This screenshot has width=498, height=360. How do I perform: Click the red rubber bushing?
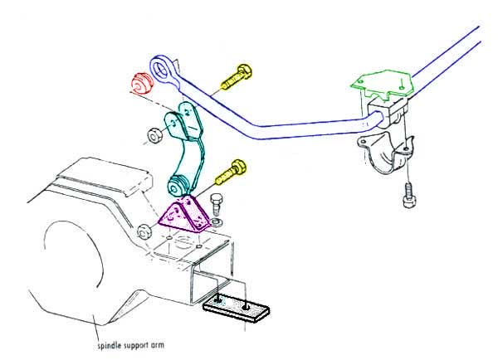(x=142, y=84)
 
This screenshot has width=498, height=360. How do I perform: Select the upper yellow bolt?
(x=237, y=76)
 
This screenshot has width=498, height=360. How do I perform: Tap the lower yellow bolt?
(x=231, y=173)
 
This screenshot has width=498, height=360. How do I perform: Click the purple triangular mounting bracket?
(x=184, y=214)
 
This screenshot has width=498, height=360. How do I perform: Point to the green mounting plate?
(x=383, y=84)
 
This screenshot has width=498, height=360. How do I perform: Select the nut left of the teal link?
(x=154, y=136)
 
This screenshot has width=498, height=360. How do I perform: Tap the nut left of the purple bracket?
(x=144, y=231)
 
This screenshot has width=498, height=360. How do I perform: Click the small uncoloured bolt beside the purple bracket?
(x=216, y=204)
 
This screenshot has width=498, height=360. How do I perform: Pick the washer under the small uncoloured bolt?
(x=217, y=221)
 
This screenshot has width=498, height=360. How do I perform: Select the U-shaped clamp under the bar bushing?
(x=386, y=153)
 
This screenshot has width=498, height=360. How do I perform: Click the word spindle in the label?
(x=108, y=345)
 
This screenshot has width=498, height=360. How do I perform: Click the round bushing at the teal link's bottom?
(x=176, y=187)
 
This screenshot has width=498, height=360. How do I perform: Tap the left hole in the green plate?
(x=361, y=81)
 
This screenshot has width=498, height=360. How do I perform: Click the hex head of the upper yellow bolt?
(x=245, y=71)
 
